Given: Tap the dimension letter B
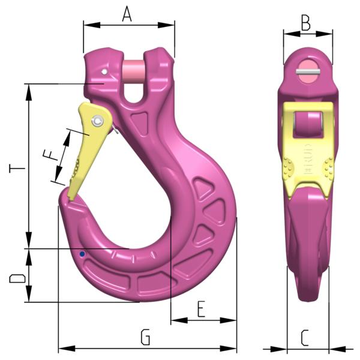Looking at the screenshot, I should (x=305, y=23).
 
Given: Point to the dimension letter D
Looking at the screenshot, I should (x=18, y=279).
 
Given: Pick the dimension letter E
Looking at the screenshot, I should (x=201, y=310).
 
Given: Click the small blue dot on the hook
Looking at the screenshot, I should (x=82, y=254).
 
